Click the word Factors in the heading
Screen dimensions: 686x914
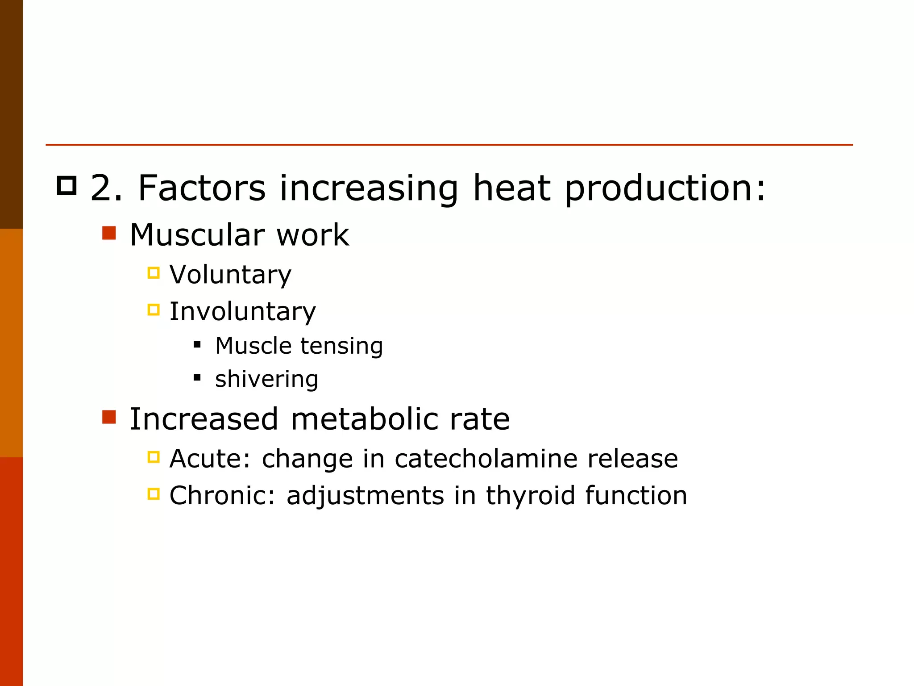pyautogui.click(x=202, y=188)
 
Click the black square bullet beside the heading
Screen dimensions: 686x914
pyautogui.click(x=67, y=185)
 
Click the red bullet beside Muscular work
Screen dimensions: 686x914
pyautogui.click(x=109, y=233)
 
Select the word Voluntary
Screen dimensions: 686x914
pyautogui.click(x=230, y=275)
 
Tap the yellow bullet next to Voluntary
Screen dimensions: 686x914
pyautogui.click(x=154, y=272)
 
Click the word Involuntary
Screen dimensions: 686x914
pyautogui.click(x=242, y=312)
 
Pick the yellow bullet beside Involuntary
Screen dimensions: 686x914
pyautogui.click(x=154, y=310)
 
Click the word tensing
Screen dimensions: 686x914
pyautogui.click(x=341, y=347)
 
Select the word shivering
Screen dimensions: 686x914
pyautogui.click(x=266, y=379)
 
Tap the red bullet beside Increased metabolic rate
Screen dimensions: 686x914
pyautogui.click(x=109, y=417)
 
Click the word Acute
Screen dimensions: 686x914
pyautogui.click(x=208, y=459)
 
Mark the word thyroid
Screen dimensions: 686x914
pyautogui.click(x=530, y=496)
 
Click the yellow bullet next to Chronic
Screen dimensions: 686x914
pyautogui.click(x=154, y=494)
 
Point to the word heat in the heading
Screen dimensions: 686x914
pyautogui.click(x=511, y=188)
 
